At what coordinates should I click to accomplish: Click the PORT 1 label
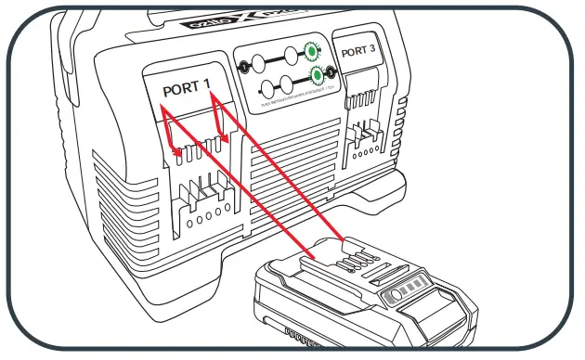(186, 91)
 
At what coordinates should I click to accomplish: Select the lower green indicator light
(318, 76)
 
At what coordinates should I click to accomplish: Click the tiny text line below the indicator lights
(288, 105)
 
